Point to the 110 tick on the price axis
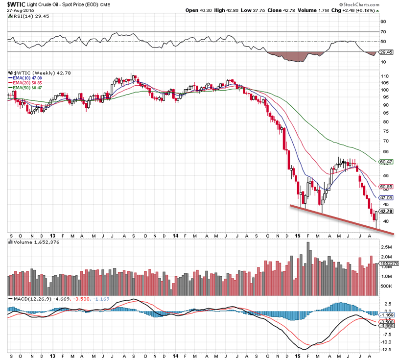[x=384, y=77]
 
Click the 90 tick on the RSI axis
[x=383, y=22]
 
